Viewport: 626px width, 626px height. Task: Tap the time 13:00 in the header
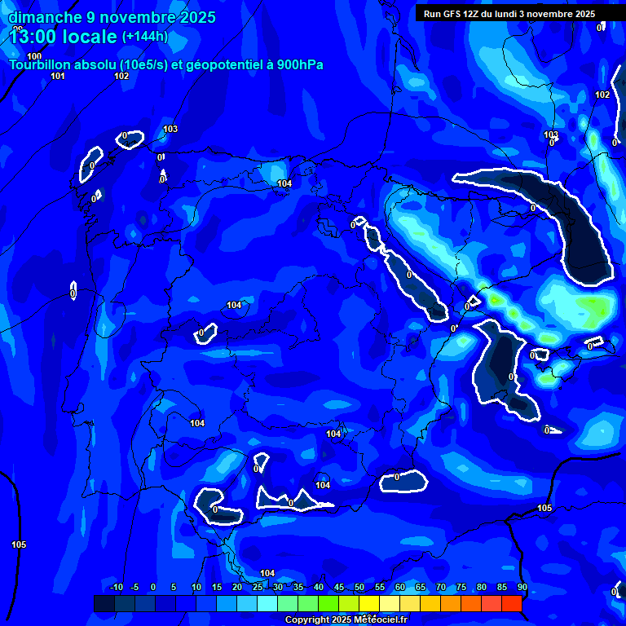tap(34, 37)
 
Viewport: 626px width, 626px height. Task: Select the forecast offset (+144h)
tap(144, 36)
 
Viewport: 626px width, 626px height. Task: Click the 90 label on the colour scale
tap(522, 587)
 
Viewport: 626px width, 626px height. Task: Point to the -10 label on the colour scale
tap(115, 587)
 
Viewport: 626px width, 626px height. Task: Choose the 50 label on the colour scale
tap(359, 587)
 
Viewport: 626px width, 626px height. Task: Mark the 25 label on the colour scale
tap(257, 587)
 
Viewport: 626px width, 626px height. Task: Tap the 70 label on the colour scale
tap(440, 587)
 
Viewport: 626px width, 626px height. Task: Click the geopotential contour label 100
tap(34, 56)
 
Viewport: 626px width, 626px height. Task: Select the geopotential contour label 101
tap(58, 76)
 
